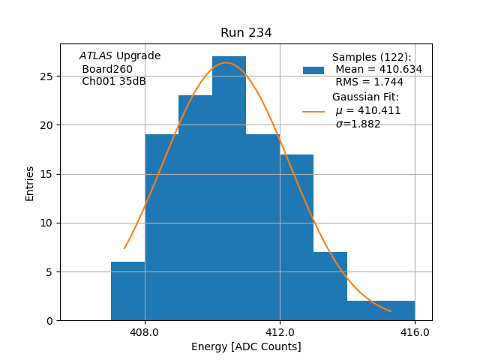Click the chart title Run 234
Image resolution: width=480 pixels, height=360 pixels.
point(246,33)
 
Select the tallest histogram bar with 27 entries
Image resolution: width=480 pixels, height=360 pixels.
point(229,187)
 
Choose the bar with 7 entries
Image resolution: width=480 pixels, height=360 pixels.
point(330,286)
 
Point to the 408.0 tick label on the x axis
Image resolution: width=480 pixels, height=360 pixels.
point(145,332)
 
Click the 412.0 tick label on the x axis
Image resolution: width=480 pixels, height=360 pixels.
point(280,332)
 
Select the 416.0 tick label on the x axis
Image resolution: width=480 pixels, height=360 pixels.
point(415,332)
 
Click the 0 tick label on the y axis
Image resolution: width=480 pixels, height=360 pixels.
point(49,321)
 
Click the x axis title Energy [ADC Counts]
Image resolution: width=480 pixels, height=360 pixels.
point(246,346)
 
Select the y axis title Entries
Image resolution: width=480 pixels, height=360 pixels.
point(30,183)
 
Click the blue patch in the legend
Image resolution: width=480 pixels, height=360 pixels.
point(313,70)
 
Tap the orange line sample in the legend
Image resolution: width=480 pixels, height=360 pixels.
point(313,111)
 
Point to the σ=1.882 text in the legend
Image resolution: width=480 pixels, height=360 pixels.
point(358,124)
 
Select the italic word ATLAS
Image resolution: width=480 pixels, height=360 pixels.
point(96,56)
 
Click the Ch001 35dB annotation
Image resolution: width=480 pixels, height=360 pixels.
point(114,82)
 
